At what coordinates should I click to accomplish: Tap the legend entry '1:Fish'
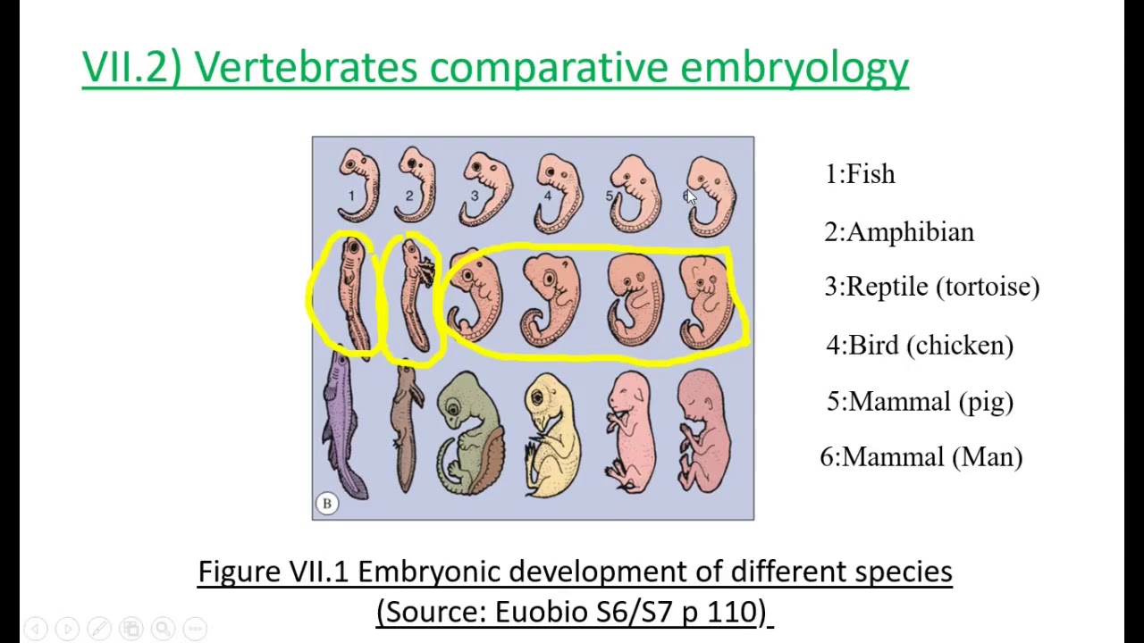coord(859,174)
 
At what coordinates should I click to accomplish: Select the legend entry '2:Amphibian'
coord(898,232)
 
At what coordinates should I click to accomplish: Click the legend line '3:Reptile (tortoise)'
coord(931,287)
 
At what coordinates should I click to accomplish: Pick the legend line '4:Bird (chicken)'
coord(920,346)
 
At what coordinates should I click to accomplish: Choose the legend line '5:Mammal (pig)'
coord(920,402)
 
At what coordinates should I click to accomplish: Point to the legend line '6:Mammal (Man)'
coord(921,457)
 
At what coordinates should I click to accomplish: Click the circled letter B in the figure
coord(327,504)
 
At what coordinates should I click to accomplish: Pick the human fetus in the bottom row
coord(704,433)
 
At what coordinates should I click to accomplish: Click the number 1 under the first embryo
coord(351,196)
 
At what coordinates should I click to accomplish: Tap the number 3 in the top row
coord(475,196)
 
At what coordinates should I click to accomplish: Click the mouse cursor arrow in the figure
coord(691,198)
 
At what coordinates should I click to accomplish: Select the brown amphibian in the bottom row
coord(407,429)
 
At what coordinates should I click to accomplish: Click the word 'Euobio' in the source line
coord(535,612)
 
